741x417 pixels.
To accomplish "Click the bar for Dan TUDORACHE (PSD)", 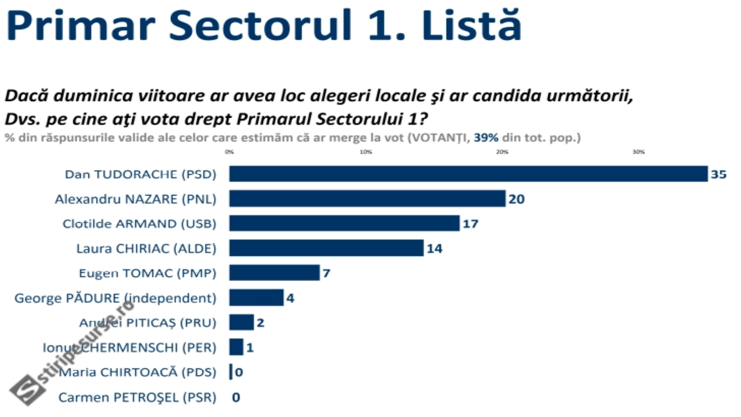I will pos(468,174).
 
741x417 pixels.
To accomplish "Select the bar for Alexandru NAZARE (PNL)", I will pos(367,199).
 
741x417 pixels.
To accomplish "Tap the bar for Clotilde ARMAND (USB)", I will pos(344,223).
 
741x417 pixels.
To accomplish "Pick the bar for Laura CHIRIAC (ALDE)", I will pos(326,248).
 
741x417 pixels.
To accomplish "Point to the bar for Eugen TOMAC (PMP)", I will pos(274,273).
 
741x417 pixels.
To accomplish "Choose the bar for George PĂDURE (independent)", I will pos(256,298).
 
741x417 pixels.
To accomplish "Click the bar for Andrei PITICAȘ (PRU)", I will pos(241,322).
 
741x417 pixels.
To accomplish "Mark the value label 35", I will pos(719,175).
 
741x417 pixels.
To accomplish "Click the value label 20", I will pos(516,199).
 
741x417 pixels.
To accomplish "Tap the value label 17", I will pos(471,224).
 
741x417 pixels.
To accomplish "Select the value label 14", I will pos(434,249).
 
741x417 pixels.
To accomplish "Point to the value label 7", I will pos(327,273).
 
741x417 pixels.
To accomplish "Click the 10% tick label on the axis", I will pos(366,152).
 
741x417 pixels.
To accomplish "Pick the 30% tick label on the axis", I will pos(639,152).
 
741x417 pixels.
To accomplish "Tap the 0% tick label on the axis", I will pos(229,152).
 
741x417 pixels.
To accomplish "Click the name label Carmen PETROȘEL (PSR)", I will pos(137,398).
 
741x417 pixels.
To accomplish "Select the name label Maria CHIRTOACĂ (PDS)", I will pos(138,372).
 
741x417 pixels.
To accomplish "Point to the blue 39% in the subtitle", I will pos(486,138).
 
